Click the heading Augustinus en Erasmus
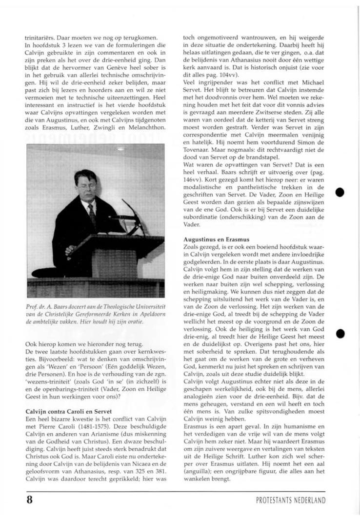[216, 240]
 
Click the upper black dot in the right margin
[340, 192]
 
